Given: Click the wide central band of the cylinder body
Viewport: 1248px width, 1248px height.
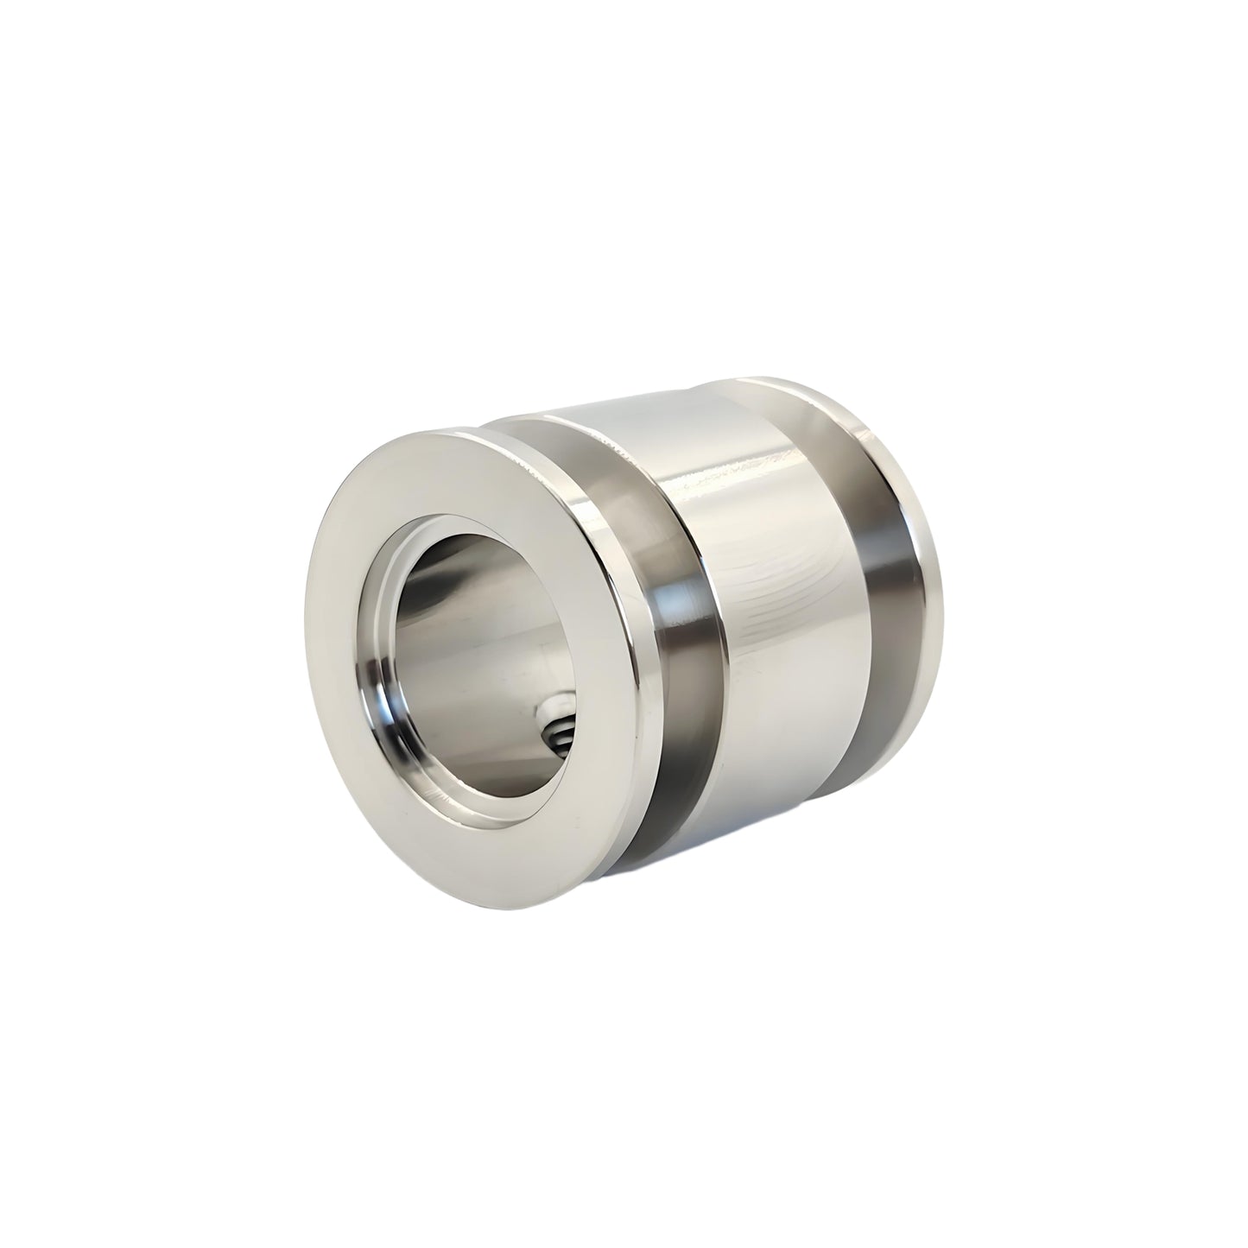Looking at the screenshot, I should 777,605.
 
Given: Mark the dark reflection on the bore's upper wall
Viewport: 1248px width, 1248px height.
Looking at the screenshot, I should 484,570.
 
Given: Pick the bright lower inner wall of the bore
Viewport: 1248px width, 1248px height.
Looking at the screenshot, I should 484,743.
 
